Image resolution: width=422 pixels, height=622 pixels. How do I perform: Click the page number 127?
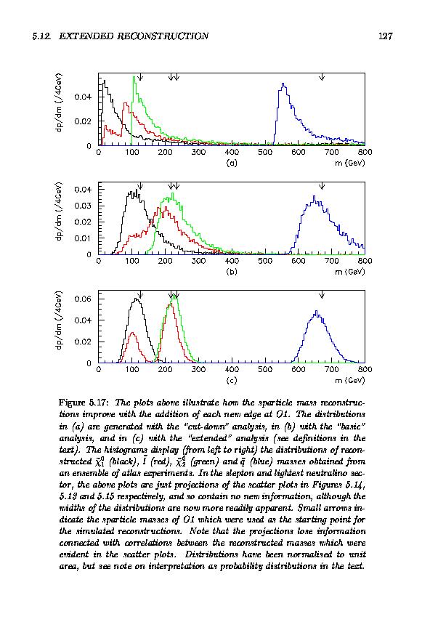click(x=385, y=36)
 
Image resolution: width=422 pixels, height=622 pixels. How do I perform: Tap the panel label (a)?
click(x=232, y=163)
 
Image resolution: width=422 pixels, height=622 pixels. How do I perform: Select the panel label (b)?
click(x=232, y=272)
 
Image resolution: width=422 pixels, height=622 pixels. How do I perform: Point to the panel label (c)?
click(x=232, y=381)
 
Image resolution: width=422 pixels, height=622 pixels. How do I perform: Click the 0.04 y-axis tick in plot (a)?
click(x=83, y=97)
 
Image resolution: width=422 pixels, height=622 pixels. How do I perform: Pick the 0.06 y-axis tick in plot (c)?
click(x=83, y=299)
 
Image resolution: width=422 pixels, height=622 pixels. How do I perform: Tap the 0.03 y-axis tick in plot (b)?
click(x=83, y=206)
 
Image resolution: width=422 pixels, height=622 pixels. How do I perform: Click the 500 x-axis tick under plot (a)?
click(x=265, y=152)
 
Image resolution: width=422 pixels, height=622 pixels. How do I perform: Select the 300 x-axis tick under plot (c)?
click(x=198, y=369)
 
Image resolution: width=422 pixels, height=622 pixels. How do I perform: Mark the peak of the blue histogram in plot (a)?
click(x=283, y=84)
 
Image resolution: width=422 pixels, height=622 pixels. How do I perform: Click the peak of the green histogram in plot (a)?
click(x=134, y=76)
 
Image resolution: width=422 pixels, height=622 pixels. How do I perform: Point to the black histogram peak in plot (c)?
click(x=136, y=299)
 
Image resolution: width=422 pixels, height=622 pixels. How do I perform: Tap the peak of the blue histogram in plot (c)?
click(x=316, y=311)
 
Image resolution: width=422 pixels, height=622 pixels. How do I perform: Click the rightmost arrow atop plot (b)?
click(x=322, y=185)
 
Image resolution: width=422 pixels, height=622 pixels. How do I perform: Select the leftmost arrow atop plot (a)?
click(x=140, y=76)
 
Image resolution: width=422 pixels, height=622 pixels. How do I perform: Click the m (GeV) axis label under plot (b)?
click(x=349, y=272)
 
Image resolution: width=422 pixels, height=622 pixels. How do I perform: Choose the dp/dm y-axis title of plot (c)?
click(x=59, y=320)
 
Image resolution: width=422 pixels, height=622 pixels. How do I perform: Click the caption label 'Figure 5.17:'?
click(x=84, y=403)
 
